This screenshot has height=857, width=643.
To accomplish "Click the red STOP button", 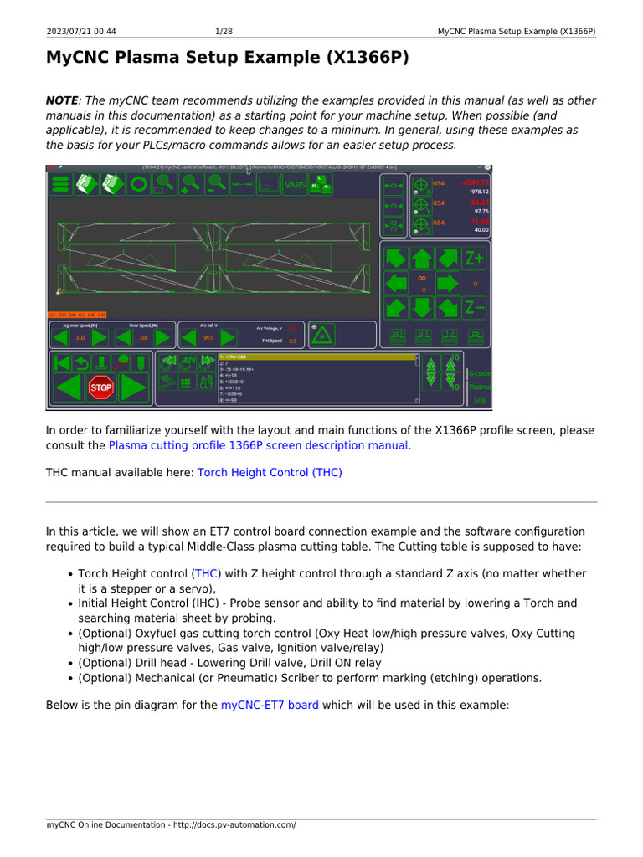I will tap(101, 387).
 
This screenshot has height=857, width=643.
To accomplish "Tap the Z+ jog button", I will tap(474, 258).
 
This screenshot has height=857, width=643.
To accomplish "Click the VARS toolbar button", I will tap(295, 185).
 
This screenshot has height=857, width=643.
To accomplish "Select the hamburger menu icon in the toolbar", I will tap(60, 185).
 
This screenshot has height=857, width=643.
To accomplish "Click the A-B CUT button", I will tap(206, 382).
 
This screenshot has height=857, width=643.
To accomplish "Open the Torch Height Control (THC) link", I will tap(270, 472).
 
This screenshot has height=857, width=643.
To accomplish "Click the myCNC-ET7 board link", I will tap(270, 705).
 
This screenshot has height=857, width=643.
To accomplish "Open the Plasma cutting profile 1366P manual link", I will tap(258, 445).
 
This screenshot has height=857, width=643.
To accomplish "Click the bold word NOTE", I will tap(61, 100).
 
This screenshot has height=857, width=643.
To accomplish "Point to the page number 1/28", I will tap(224, 32).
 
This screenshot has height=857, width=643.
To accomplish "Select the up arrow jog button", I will tap(422, 258).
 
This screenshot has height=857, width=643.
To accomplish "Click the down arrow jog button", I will tap(422, 307).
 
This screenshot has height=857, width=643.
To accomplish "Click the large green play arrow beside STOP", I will tap(133, 387).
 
